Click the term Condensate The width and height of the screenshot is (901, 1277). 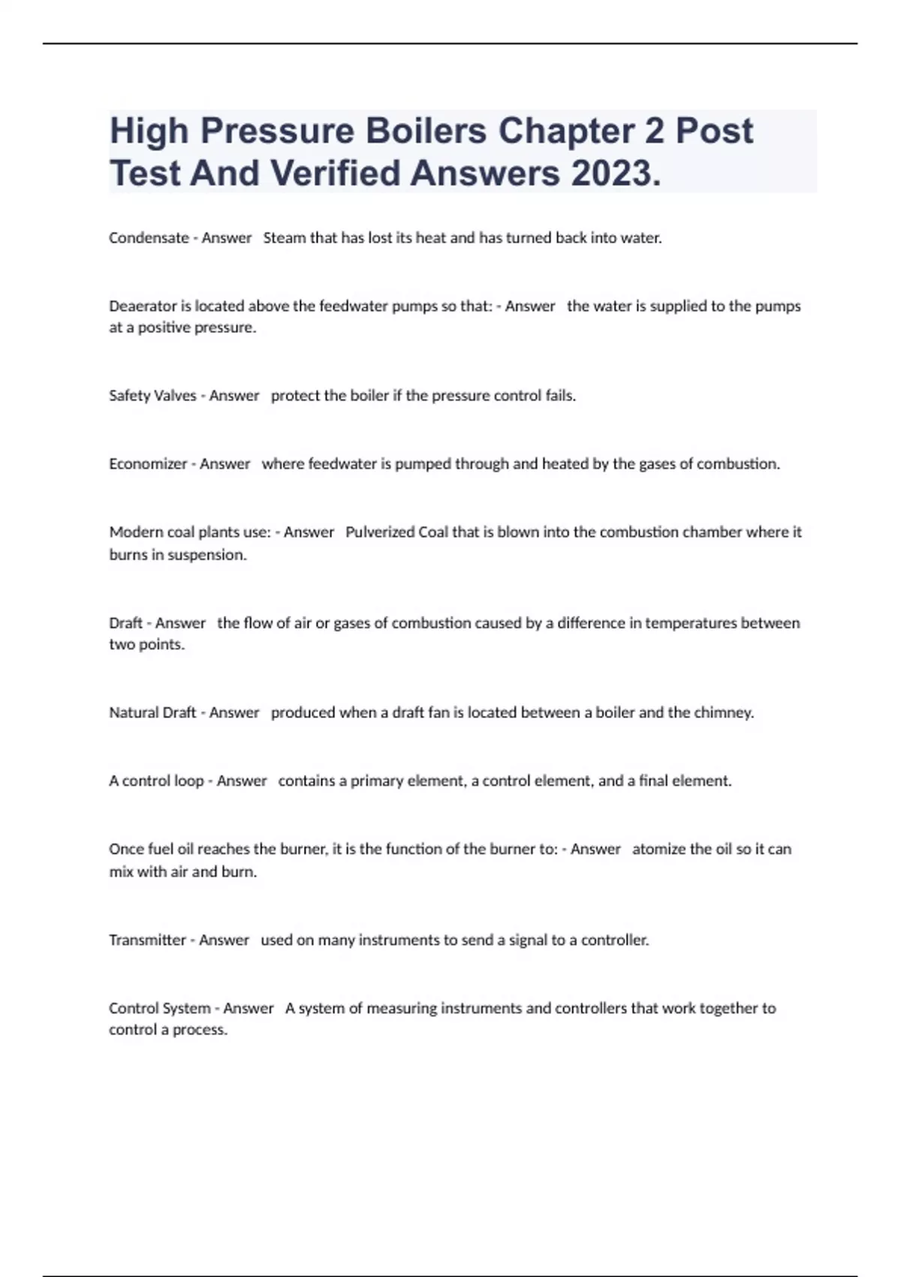pyautogui.click(x=149, y=238)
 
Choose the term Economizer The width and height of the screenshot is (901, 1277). pyautogui.click(x=148, y=464)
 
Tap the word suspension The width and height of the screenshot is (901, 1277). pyautogui.click(x=206, y=555)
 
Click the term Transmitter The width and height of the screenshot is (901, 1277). pyautogui.click(x=147, y=940)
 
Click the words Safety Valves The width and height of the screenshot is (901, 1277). pyautogui.click(x=152, y=396)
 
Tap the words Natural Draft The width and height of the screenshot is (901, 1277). pyautogui.click(x=152, y=713)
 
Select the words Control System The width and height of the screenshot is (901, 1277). pyautogui.click(x=159, y=1009)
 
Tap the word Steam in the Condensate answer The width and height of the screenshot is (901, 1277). pyautogui.click(x=285, y=238)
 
